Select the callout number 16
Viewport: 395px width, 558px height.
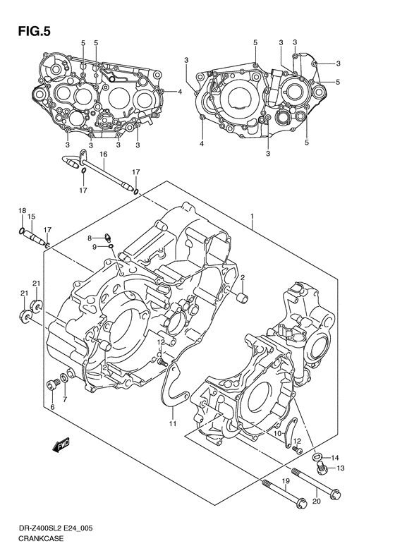(103, 154)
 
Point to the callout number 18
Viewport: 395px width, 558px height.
(21, 210)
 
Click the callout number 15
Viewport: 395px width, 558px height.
(32, 217)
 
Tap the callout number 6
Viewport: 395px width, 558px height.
(52, 407)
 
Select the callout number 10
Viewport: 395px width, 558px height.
(279, 432)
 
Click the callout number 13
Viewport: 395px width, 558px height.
(340, 468)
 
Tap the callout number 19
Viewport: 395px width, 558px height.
(286, 481)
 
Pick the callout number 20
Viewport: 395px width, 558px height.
(315, 502)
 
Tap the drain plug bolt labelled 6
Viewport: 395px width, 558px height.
(51, 384)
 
